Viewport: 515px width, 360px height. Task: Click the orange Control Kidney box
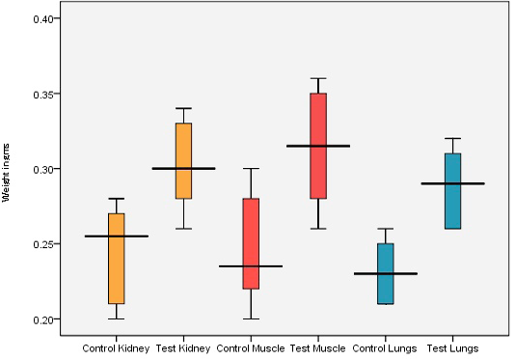117,259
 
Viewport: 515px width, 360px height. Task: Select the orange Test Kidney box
183,161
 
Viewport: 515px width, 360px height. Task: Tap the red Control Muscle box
251,243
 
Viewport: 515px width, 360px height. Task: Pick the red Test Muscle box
318,146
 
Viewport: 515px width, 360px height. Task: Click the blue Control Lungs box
386,273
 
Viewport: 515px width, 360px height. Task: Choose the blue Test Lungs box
453,191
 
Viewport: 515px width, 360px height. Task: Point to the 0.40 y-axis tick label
43,19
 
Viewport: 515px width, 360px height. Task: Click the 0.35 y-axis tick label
43,95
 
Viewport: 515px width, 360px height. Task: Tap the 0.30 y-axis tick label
43,169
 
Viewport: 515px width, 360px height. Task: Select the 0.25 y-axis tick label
43,244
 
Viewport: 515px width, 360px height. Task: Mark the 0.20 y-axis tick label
43,319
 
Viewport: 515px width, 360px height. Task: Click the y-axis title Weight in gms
6,173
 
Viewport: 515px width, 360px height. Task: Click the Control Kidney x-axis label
116,348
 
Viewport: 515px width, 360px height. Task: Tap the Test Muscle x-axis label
318,348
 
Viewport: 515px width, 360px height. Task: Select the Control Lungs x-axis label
385,348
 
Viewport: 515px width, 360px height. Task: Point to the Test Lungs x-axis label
452,348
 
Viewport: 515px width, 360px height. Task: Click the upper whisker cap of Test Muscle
318,78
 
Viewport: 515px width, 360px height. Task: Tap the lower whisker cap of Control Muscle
251,318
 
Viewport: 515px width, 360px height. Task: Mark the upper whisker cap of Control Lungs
386,229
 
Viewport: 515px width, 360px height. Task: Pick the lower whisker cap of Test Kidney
183,229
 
